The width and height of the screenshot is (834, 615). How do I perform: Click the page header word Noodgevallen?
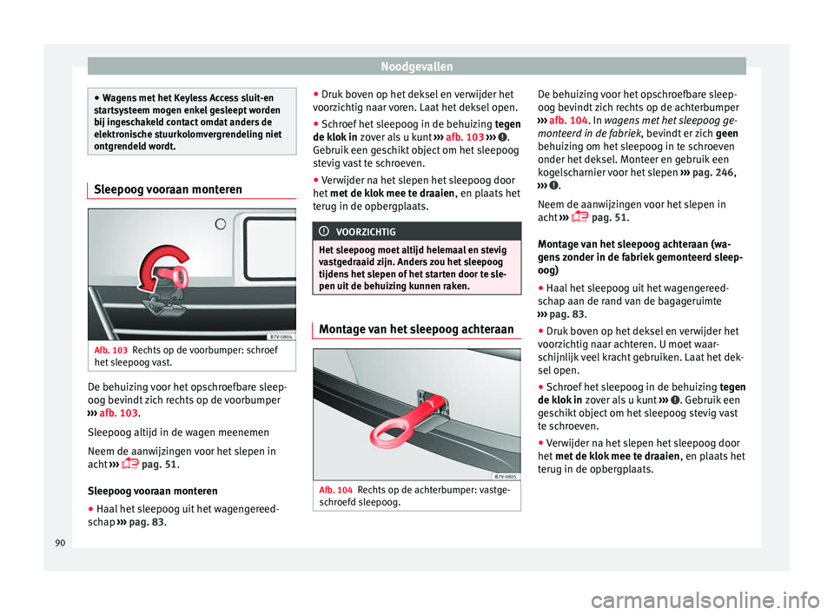pos(416,65)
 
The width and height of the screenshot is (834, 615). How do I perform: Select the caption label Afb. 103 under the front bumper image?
pos(110,349)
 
